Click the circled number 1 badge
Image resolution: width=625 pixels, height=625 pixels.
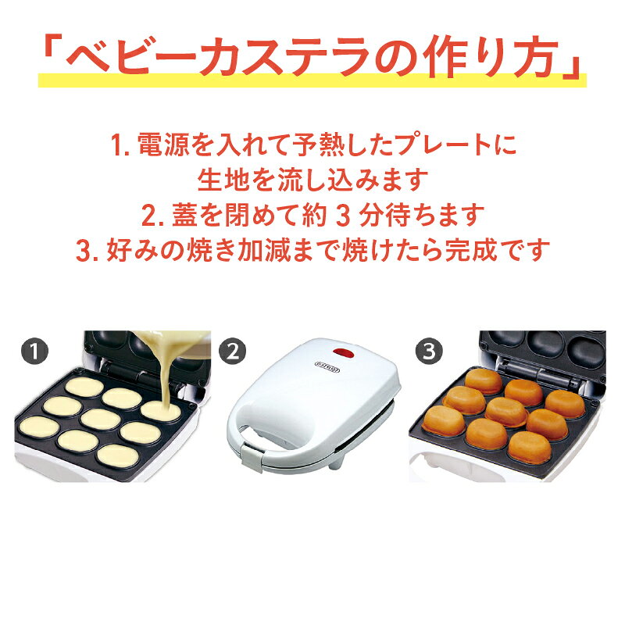[34, 351]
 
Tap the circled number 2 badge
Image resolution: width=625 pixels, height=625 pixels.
[232, 351]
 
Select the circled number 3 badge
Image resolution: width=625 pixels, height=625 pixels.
[429, 351]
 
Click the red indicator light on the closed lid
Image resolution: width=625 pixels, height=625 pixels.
[345, 353]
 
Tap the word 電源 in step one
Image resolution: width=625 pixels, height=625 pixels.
[163, 144]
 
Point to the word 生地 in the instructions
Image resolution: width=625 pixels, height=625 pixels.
[223, 180]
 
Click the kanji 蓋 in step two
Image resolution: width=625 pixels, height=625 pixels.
[184, 216]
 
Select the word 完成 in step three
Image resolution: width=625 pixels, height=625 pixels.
[471, 251]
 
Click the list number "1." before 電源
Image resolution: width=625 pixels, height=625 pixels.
[121, 145]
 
